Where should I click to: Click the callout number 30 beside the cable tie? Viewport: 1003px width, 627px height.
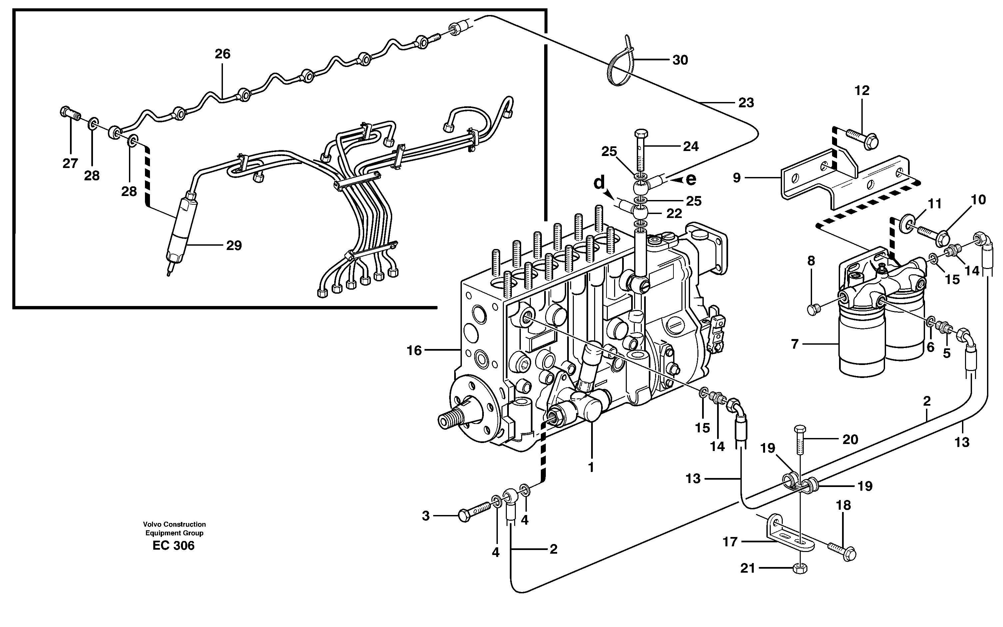tap(680, 60)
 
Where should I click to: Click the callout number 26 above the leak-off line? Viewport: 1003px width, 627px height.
tap(222, 54)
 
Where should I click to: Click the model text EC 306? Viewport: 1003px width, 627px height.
tap(173, 545)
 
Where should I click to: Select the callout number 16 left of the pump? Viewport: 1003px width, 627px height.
tap(414, 351)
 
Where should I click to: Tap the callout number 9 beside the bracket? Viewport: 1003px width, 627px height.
tap(736, 178)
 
